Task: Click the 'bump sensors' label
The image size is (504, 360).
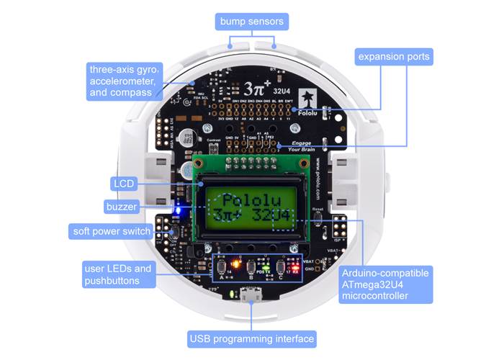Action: [251, 22]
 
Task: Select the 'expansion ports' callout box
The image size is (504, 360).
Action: [394, 56]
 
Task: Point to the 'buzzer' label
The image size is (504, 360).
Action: [120, 207]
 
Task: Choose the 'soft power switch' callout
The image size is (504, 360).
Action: [112, 232]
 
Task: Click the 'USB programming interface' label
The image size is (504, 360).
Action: [251, 338]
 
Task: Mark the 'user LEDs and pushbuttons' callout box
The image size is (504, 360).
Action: [118, 274]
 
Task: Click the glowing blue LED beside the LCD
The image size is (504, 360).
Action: [178, 210]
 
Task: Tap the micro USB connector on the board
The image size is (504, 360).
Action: [251, 295]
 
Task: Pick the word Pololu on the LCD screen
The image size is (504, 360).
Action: [249, 200]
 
